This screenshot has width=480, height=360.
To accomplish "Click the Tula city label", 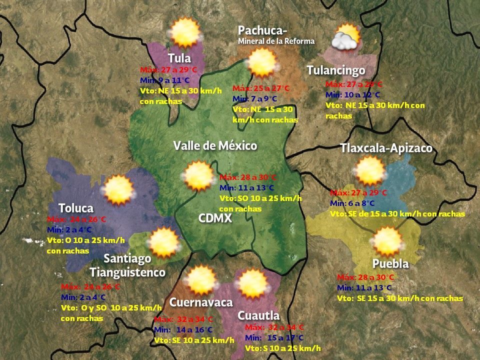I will coord(179,57).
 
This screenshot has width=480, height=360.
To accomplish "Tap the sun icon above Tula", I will coord(185,32).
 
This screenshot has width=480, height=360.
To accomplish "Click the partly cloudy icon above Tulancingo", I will coord(346,37).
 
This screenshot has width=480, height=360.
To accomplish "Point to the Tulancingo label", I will coord(336,70).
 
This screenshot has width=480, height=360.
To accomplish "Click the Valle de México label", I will coord(215,145).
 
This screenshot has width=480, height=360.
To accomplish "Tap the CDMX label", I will coord(214,218).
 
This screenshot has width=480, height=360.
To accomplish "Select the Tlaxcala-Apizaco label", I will coord(386,148).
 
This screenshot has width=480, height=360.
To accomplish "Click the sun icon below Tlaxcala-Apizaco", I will coord(370,170).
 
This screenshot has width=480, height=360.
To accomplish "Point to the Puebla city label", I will coord(390,263).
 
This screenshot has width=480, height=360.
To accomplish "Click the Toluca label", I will coord(76,207).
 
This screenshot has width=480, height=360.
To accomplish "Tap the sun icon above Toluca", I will coord(118,190).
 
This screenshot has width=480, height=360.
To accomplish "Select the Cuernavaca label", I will coord(201,302).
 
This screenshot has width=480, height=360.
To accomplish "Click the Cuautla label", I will coord(258,315).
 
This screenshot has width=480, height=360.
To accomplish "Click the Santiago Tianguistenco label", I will coord(127,265).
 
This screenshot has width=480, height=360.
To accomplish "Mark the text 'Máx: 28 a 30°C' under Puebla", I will coord(365,277).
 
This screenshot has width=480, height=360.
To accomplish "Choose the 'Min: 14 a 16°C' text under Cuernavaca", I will coord(183,330).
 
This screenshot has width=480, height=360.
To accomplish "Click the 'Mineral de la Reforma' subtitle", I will coord(276,41).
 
